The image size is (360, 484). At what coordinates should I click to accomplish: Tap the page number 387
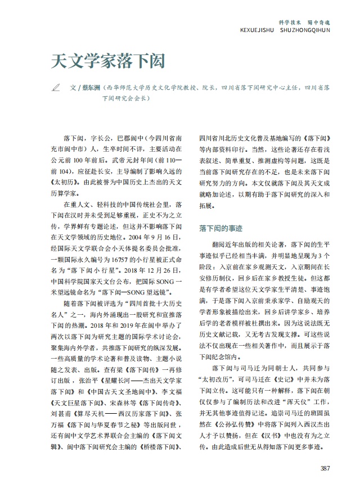tap(325, 468)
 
